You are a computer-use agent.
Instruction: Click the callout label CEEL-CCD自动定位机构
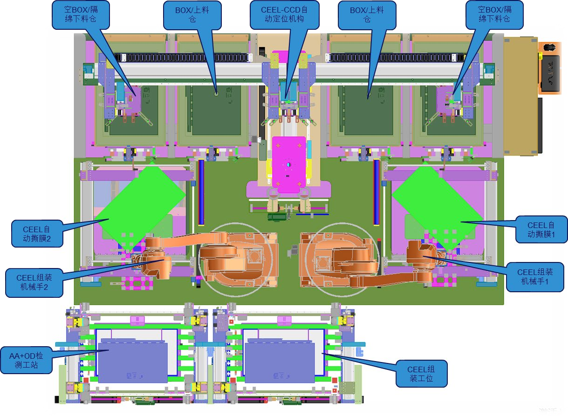click(x=285, y=15)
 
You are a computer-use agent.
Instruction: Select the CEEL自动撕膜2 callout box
click(x=37, y=234)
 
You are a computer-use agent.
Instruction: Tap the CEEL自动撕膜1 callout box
click(x=541, y=229)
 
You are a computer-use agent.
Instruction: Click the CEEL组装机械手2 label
click(x=34, y=282)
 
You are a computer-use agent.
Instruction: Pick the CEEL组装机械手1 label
click(x=535, y=277)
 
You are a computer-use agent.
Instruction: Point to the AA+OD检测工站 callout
click(x=27, y=360)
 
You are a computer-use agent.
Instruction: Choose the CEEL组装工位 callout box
click(x=421, y=374)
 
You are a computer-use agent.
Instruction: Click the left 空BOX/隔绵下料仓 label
click(x=81, y=15)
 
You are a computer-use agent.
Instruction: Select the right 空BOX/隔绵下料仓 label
click(x=494, y=15)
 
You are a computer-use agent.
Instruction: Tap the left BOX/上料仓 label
click(x=192, y=15)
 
